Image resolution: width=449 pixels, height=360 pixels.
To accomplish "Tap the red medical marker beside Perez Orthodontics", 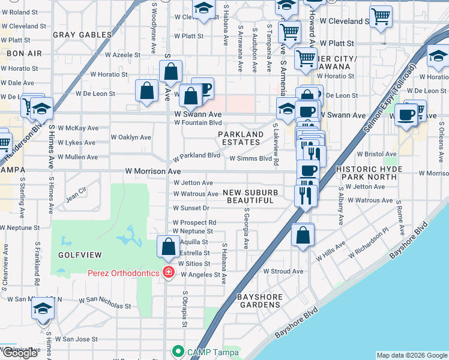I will coord(169,273).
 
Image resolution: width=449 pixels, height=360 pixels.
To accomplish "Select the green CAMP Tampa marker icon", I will coord(177,351).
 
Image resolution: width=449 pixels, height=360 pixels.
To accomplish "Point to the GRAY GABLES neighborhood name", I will coord(82,35).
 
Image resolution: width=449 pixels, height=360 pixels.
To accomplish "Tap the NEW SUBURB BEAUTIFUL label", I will coord(250,196).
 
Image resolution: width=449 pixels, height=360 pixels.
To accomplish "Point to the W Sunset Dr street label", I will coord(191,208).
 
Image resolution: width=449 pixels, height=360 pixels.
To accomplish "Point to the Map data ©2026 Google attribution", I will coord(411,355).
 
